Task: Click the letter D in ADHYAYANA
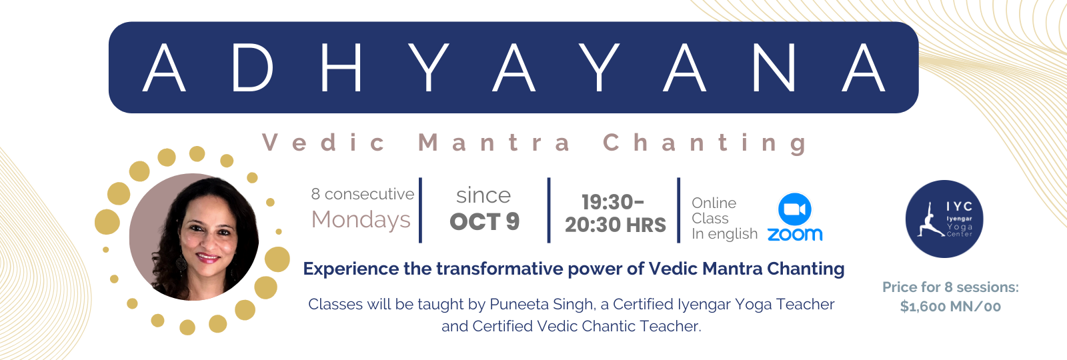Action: (x=253, y=67)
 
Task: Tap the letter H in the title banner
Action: (x=341, y=67)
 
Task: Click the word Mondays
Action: (x=361, y=219)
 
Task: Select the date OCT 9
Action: (x=484, y=221)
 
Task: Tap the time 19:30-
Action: (x=613, y=202)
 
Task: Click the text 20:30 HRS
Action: (x=616, y=225)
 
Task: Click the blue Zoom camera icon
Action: (x=794, y=209)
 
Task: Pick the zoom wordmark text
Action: (x=794, y=234)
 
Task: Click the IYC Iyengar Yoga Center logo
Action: (x=944, y=219)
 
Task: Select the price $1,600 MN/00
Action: (x=950, y=306)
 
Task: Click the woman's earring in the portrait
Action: (x=181, y=263)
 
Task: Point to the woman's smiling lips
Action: (x=208, y=257)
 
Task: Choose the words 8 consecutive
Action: (x=363, y=194)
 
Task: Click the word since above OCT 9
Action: (x=483, y=195)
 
